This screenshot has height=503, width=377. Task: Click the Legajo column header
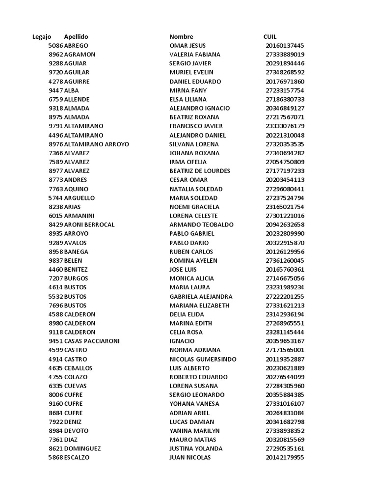42,37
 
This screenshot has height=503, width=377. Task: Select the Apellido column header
76,37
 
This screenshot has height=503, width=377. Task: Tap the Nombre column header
181,37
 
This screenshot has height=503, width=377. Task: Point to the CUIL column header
270,37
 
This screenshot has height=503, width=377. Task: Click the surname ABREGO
77,46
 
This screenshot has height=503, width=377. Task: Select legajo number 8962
56,55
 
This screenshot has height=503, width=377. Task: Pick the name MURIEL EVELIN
191,73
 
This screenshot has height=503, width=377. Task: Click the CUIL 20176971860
285,82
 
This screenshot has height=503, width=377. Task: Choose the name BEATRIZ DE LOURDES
200,171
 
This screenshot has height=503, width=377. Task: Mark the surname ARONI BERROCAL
89,224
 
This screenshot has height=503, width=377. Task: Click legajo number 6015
56,216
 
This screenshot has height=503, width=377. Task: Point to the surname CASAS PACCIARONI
92,341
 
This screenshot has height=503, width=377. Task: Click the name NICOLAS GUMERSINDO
203,359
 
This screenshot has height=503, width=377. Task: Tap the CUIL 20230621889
285,368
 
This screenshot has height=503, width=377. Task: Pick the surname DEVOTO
77,431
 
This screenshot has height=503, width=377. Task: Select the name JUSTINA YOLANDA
196,448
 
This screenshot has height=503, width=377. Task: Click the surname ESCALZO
77,457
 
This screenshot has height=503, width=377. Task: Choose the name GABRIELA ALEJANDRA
201,296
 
